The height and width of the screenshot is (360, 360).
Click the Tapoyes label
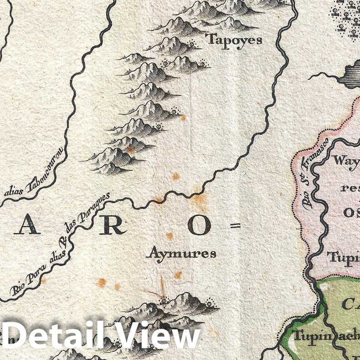[235, 39]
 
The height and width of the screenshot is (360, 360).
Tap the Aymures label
[181, 253]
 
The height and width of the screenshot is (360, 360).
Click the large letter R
[112, 225]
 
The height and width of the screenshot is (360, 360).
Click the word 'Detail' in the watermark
[57, 337]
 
